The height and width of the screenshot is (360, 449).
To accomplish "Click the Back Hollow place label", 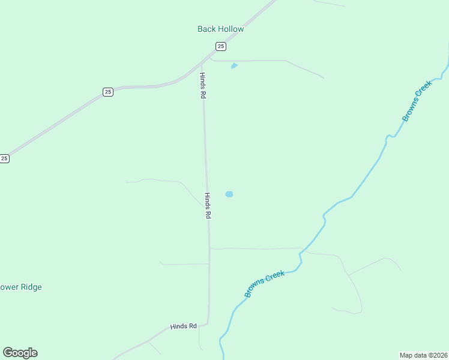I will (x=221, y=29).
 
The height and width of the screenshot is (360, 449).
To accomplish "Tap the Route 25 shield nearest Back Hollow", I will (x=221, y=46).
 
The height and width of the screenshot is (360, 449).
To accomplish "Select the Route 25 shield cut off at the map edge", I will (x=4, y=158).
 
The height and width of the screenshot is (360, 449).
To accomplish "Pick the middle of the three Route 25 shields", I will (x=107, y=92).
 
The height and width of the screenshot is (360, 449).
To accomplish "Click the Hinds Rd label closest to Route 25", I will (x=203, y=85).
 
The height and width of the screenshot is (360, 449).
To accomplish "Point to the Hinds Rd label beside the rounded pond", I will (x=208, y=206).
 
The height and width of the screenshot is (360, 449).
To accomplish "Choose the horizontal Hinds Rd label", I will (x=183, y=326).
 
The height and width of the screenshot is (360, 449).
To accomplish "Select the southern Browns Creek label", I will (x=264, y=284).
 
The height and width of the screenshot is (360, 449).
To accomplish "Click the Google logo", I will (x=20, y=353).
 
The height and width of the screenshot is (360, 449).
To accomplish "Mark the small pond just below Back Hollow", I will (x=234, y=65).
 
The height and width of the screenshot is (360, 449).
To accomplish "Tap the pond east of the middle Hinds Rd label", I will (x=229, y=194).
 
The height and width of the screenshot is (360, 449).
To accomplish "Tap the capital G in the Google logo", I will (x=8, y=352).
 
